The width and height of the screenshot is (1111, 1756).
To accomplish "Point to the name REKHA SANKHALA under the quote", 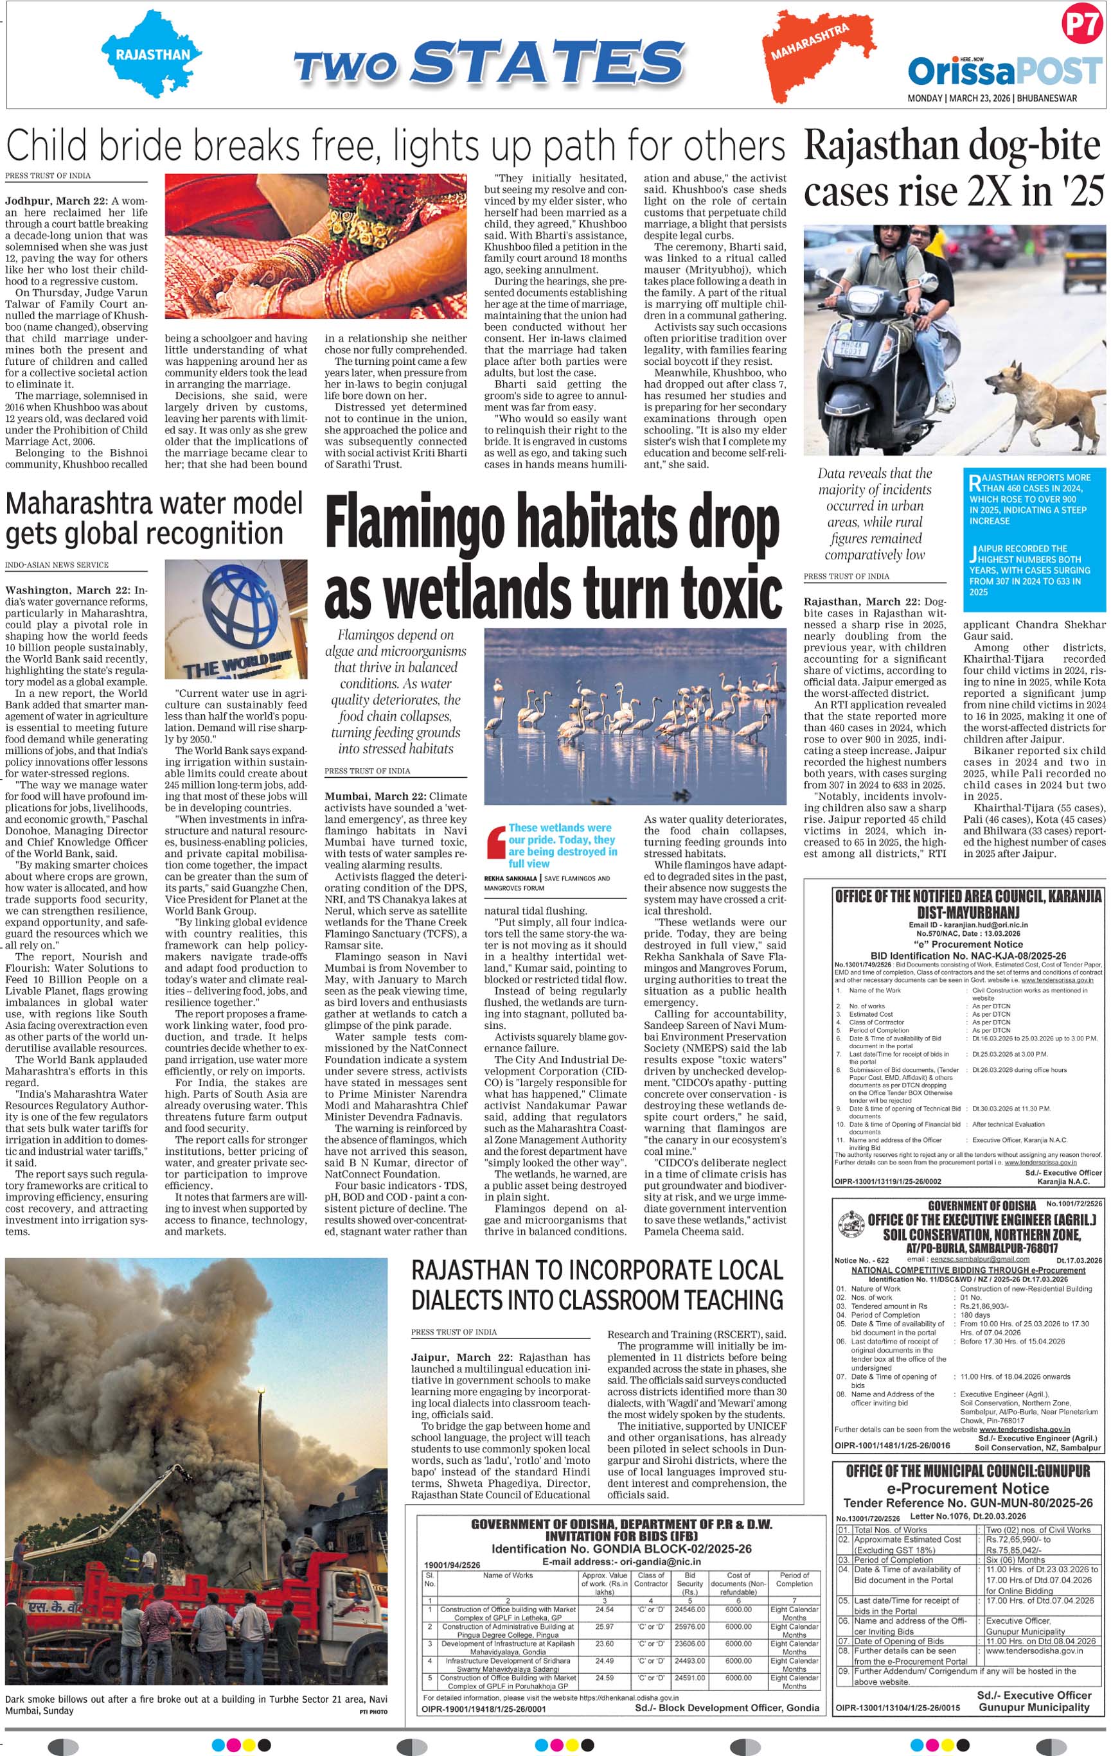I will point(511,879).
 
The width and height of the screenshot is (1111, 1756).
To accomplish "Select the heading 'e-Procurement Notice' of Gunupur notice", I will point(967,1488).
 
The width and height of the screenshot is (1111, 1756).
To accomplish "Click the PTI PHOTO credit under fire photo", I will point(373,1712).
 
